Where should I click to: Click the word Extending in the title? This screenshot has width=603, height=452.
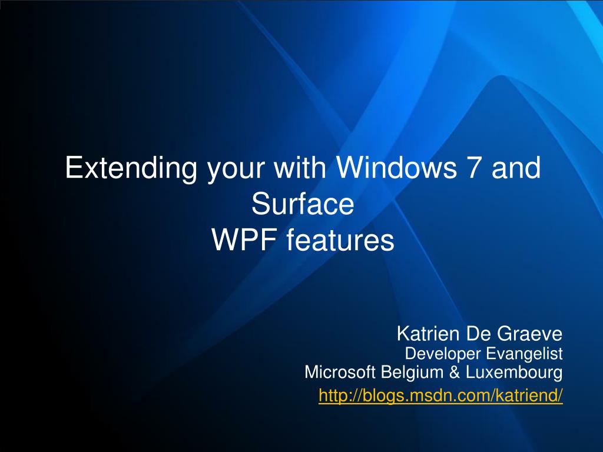(x=131, y=169)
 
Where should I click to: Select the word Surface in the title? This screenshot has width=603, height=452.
(x=303, y=204)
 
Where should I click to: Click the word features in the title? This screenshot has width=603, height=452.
(x=340, y=240)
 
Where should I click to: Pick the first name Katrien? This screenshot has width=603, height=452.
(x=428, y=334)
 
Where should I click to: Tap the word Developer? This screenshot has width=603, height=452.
(x=443, y=354)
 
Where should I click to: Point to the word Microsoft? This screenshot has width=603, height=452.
(x=340, y=372)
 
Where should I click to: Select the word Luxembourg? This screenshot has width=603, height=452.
(x=514, y=373)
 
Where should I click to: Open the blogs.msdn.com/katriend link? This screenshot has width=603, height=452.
(x=440, y=395)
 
